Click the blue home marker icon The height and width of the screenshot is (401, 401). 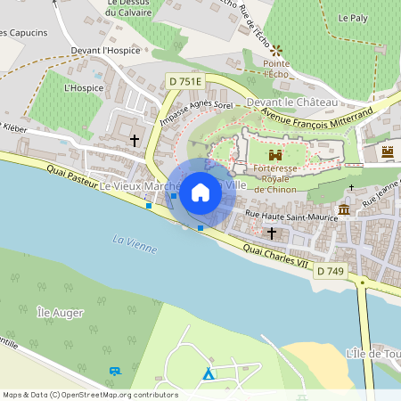coord(200,192)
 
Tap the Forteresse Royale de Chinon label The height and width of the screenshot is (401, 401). coord(281,178)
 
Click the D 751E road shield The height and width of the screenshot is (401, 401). coord(186,81)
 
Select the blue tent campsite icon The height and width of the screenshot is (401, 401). coord(208,374)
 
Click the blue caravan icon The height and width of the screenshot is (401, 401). coord(114,371)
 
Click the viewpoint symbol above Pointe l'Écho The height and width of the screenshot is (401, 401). coord(276,51)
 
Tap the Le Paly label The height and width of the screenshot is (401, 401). coord(353,17)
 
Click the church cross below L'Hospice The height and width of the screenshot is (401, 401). coord(135,140)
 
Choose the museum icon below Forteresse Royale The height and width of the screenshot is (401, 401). coord(344,209)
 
